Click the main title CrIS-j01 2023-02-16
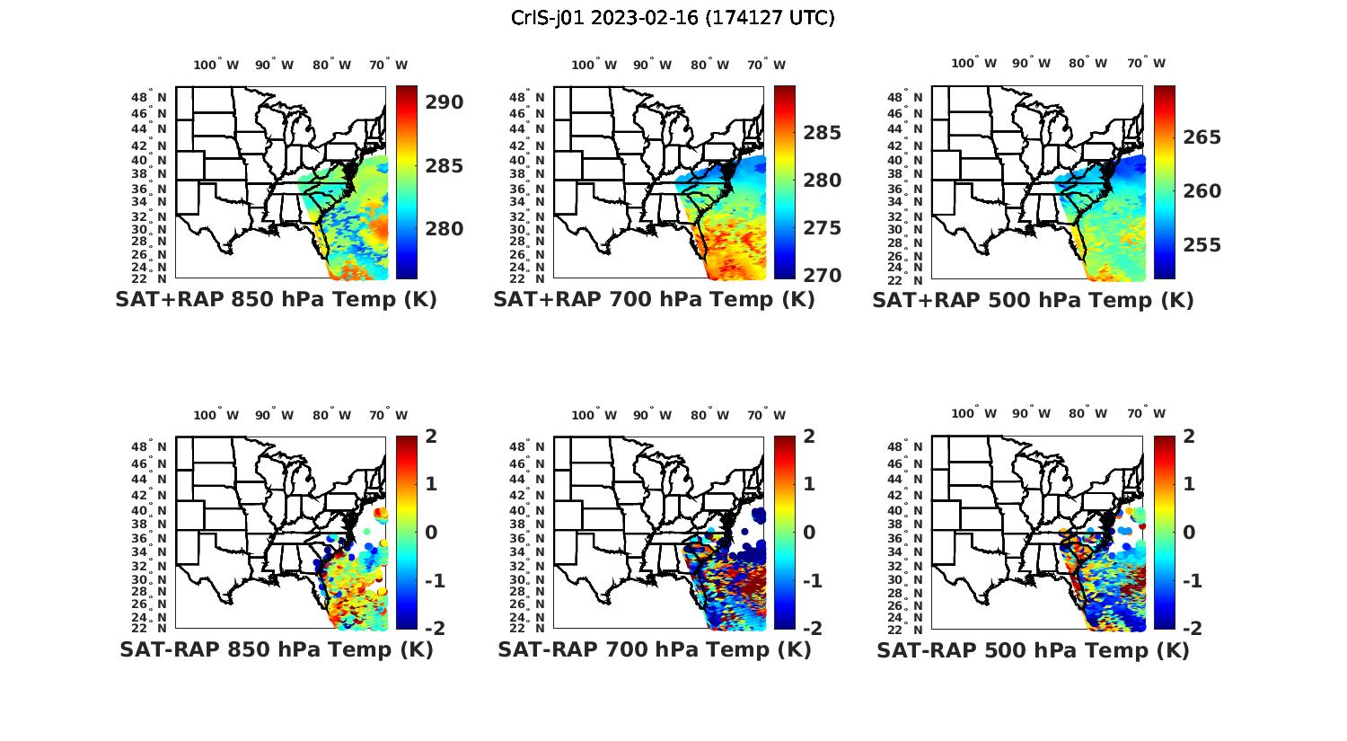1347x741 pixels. pos(673,18)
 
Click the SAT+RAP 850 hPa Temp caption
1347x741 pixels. pos(276,299)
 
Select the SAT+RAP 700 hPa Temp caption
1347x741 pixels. pos(654,299)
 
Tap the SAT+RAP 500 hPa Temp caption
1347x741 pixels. pos(1033,300)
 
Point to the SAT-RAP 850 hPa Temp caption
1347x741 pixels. pos(276,649)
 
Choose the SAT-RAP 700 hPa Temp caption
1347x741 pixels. pos(654,649)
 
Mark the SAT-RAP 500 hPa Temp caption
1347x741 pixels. pos(1033,650)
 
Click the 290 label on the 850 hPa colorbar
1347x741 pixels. pos(445,102)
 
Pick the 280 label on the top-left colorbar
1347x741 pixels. pos(445,229)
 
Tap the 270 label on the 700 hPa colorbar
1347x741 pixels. pos(823,275)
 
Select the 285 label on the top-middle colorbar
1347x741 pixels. pos(823,133)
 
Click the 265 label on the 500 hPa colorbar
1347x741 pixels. pos(1202,137)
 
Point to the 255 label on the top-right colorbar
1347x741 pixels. pos(1202,245)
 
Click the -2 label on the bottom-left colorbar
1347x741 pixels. pos(434,628)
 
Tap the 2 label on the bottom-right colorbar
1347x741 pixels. pos(1189,437)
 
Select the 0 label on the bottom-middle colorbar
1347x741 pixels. pos(809,532)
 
